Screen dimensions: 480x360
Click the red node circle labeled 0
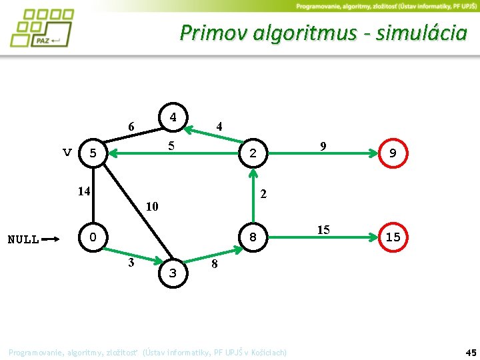coord(93,237)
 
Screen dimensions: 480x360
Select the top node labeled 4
coord(173,117)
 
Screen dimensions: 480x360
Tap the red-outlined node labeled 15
coord(393,237)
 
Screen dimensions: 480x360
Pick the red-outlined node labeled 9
coord(393,153)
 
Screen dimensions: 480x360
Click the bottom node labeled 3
coord(173,273)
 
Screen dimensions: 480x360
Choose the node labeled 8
coord(253,237)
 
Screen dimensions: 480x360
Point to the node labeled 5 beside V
coord(93,153)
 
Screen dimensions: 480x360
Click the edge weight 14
coord(83,191)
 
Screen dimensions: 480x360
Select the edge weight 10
coord(152,206)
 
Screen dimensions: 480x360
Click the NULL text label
coord(23,239)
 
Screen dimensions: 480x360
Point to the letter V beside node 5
coord(67,152)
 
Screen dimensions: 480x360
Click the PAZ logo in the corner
coord(42,27)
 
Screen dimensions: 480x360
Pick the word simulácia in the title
coord(421,32)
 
